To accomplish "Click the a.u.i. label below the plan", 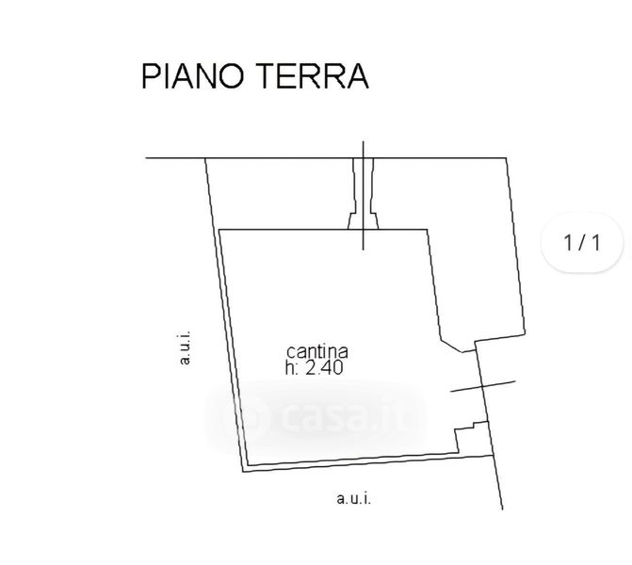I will click(353, 499).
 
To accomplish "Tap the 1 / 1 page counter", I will click(581, 243).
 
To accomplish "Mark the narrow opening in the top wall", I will click(365, 193).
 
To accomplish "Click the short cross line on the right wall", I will click(483, 386).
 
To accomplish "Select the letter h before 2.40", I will click(289, 369).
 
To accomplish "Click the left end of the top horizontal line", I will click(148, 157).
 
